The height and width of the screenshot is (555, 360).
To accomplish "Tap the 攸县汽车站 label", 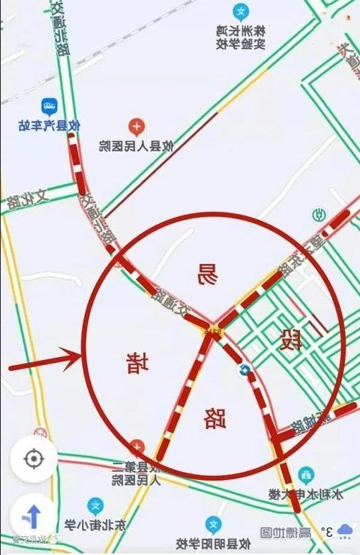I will tap(50, 125).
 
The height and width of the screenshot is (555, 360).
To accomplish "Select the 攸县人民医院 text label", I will tap(136, 146).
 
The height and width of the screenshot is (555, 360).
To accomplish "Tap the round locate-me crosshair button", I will tap(33, 459).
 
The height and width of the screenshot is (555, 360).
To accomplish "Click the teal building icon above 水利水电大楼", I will tap(305, 476).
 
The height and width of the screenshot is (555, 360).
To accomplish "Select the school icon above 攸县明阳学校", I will tap(212, 523).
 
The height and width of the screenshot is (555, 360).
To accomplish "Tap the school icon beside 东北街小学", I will tap(94, 506).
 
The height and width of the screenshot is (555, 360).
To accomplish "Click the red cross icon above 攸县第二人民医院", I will tap(136, 447).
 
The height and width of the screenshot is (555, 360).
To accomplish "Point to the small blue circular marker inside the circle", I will tap(246, 370).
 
